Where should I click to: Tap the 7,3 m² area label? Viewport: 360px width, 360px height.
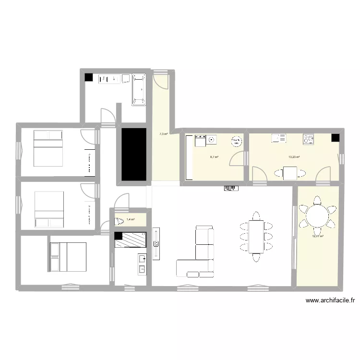(163, 134)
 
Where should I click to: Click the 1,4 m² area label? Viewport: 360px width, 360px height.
(130, 220)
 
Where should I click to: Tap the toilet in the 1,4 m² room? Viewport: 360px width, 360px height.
(119, 221)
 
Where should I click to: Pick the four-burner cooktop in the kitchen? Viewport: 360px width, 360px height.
(308, 139)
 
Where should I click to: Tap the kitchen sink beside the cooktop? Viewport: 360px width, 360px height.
(279, 139)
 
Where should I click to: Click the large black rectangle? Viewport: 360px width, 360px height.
(133, 154)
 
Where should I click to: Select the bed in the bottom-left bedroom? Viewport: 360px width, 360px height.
(69, 257)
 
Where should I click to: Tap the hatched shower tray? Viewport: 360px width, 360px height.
(131, 240)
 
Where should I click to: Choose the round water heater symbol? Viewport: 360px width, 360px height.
(236, 141)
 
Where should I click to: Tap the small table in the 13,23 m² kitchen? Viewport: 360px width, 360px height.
(290, 173)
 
